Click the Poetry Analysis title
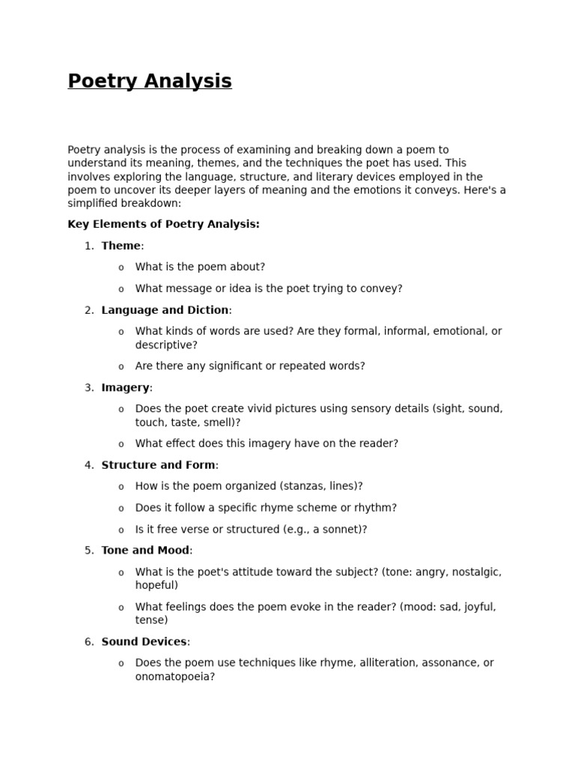pyautogui.click(x=150, y=81)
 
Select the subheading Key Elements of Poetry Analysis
pyautogui.click(x=163, y=224)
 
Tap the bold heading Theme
pyautogui.click(x=121, y=246)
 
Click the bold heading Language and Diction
pyautogui.click(x=165, y=310)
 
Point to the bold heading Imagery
pyautogui.click(x=125, y=387)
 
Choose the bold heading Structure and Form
pyautogui.click(x=158, y=465)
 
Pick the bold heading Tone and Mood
pyautogui.click(x=145, y=550)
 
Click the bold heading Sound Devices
pyautogui.click(x=144, y=642)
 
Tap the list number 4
pyautogui.click(x=88, y=465)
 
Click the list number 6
pyautogui.click(x=88, y=642)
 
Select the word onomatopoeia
pyautogui.click(x=173, y=676)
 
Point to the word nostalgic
pyautogui.click(x=473, y=572)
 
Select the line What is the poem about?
pyautogui.click(x=200, y=267)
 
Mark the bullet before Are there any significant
pyautogui.click(x=121, y=367)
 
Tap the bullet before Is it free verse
pyautogui.click(x=121, y=530)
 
